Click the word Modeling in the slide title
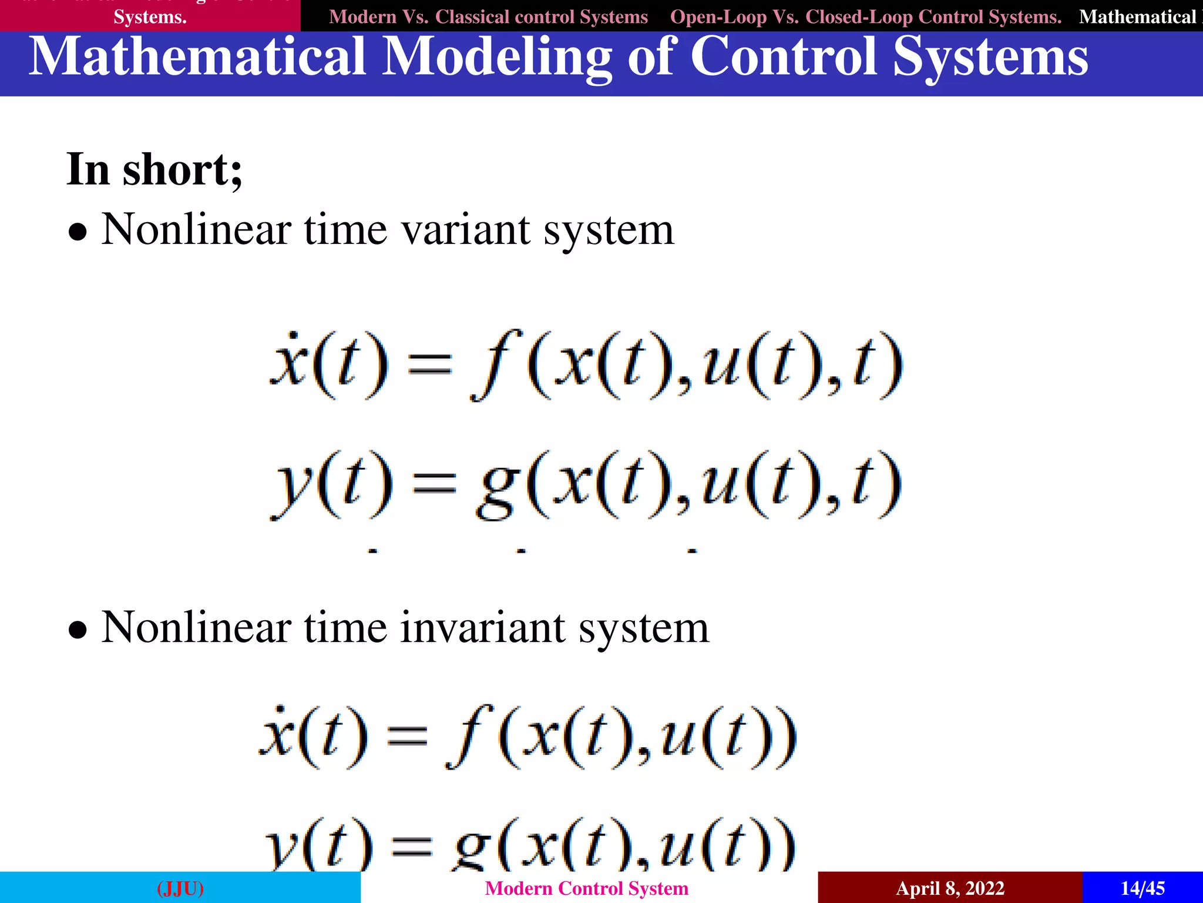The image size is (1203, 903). click(496, 58)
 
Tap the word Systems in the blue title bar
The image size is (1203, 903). click(990, 58)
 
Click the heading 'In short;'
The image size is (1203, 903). click(154, 170)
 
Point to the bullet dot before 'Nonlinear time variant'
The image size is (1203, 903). click(78, 232)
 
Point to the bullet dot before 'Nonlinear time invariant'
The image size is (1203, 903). click(78, 630)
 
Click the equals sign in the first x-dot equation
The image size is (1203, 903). click(430, 364)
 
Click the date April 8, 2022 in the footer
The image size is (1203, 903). click(950, 888)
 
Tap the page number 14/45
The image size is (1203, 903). click(1142, 888)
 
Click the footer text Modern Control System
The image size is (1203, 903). click(586, 888)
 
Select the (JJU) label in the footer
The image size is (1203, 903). click(180, 888)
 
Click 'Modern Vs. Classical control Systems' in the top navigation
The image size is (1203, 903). click(488, 16)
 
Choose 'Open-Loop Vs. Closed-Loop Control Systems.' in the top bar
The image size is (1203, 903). click(865, 16)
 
